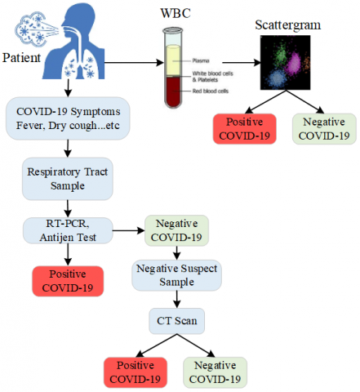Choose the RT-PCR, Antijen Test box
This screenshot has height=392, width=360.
coord(69,230)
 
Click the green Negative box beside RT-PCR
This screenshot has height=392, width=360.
coord(176,231)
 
